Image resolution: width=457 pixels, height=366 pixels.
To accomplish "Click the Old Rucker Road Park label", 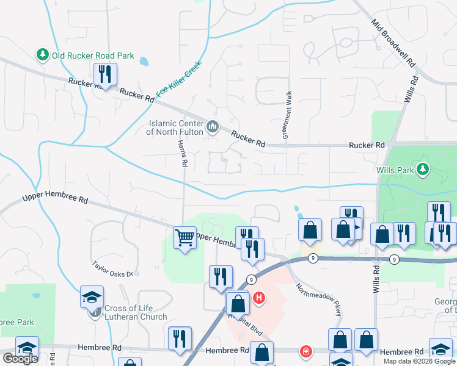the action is [x=93, y=56].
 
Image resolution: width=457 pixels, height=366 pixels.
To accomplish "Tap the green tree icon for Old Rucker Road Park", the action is [x=43, y=56].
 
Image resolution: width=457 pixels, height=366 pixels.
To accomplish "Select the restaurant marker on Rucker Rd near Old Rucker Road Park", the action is [x=105, y=75].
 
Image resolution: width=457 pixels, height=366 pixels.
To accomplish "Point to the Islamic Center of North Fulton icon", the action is [x=213, y=127].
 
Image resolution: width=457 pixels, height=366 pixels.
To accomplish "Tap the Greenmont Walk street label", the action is [x=285, y=115].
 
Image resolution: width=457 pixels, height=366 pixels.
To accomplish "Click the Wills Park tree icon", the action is [x=422, y=169].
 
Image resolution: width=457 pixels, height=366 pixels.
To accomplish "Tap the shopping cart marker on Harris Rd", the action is [x=185, y=238].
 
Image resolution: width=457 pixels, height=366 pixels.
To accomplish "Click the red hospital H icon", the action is [x=260, y=298].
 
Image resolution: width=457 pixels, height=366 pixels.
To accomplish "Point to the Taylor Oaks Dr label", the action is [x=112, y=270].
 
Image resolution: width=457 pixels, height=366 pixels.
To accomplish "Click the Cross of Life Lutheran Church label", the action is [x=135, y=312].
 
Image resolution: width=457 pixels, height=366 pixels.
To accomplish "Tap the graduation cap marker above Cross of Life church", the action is [x=92, y=298].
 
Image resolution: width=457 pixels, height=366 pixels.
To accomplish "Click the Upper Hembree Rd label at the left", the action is [x=56, y=199].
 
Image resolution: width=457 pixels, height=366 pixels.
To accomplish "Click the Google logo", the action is [x=20, y=359].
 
